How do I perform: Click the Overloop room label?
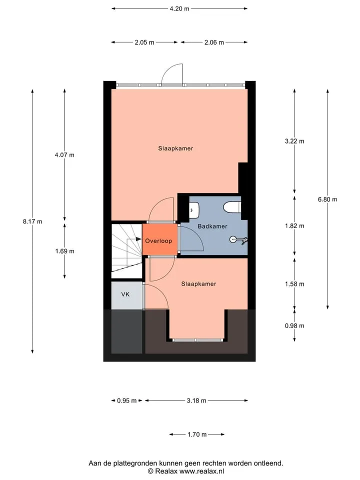pyautogui.click(x=158, y=241)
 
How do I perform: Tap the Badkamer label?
pyautogui.click(x=212, y=226)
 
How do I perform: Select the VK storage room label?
pyautogui.click(x=125, y=294)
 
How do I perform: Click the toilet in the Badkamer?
pyautogui.click(x=232, y=206)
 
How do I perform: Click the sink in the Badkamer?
pyautogui.click(x=194, y=210)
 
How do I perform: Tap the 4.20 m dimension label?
pyautogui.click(x=179, y=8)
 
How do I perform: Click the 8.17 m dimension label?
pyautogui.click(x=32, y=221)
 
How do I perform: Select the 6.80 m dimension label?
pyautogui.click(x=327, y=199)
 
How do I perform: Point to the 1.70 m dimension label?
pyautogui.click(x=197, y=434)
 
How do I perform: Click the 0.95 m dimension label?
pyautogui.click(x=126, y=400)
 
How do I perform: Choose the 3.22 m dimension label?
pyautogui.click(x=294, y=141)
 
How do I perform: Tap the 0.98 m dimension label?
pyautogui.click(x=294, y=325)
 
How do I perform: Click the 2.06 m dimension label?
pyautogui.click(x=214, y=42)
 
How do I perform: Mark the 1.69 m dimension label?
pyautogui.click(x=64, y=251)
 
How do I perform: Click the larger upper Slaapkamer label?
pyautogui.click(x=175, y=148)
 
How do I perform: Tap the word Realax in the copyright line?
pyautogui.click(x=166, y=471)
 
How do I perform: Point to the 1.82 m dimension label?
pyautogui.click(x=294, y=226)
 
